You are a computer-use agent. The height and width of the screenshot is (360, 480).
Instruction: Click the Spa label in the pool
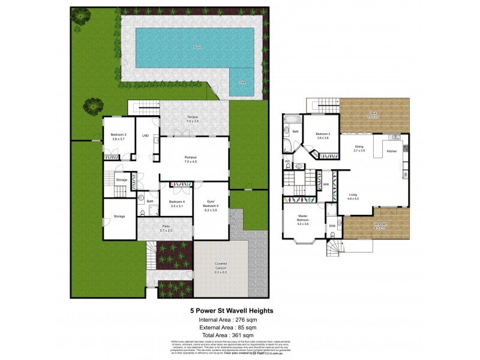(x=242, y=82)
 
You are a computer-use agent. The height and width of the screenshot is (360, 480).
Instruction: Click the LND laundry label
(x=145, y=136)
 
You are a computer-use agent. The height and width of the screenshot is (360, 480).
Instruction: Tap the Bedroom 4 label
(x=177, y=204)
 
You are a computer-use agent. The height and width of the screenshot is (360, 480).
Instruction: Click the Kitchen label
(x=391, y=151)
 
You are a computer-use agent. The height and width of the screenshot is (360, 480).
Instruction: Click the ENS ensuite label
(x=331, y=226)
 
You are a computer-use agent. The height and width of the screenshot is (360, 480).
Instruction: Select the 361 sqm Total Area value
(x=244, y=337)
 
